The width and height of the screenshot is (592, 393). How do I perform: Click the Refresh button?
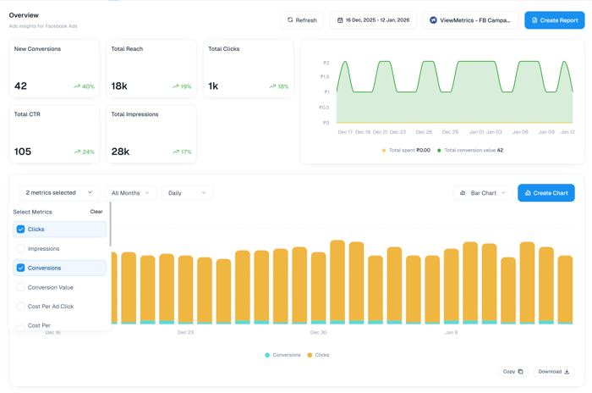pos(302,19)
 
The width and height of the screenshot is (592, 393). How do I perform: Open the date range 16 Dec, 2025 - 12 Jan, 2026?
pos(373,19)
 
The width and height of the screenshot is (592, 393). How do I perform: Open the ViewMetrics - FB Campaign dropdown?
pos(470,19)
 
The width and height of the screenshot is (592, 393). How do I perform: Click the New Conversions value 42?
pos(21,86)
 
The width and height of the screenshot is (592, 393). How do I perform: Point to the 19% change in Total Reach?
pos(182,86)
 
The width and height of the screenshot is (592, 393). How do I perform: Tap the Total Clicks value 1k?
pos(213,86)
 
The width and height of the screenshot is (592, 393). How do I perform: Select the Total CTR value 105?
pos(23,152)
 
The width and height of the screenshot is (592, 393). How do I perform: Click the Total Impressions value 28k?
pos(120,152)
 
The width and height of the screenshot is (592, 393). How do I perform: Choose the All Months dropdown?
pos(130,193)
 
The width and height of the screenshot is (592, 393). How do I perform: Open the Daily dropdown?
pos(187,193)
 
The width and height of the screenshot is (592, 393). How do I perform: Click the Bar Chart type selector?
pos(482,193)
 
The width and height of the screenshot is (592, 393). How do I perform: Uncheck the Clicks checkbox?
pos(21,230)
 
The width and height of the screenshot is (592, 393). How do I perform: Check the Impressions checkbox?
pos(21,249)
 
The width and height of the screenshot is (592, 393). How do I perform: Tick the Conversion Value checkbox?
pos(21,287)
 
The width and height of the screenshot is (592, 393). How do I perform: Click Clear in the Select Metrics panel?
pos(96,212)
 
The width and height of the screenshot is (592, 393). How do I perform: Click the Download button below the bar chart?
pos(554,372)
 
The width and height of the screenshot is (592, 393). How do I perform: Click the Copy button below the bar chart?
pos(513,372)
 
